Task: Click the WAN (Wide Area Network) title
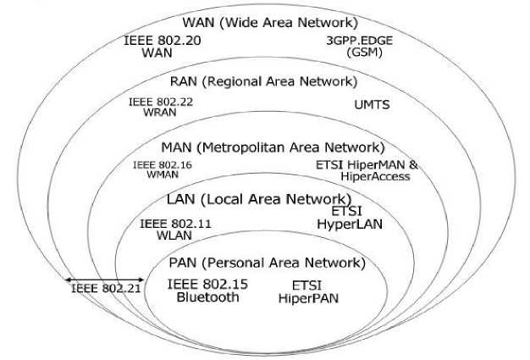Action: (x=269, y=22)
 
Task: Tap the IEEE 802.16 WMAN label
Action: (x=162, y=169)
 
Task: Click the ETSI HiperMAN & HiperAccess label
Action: (x=367, y=170)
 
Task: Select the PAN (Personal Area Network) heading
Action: (x=266, y=263)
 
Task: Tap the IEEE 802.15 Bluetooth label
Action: (x=207, y=291)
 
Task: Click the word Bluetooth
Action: (x=207, y=297)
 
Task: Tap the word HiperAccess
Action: (x=376, y=176)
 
